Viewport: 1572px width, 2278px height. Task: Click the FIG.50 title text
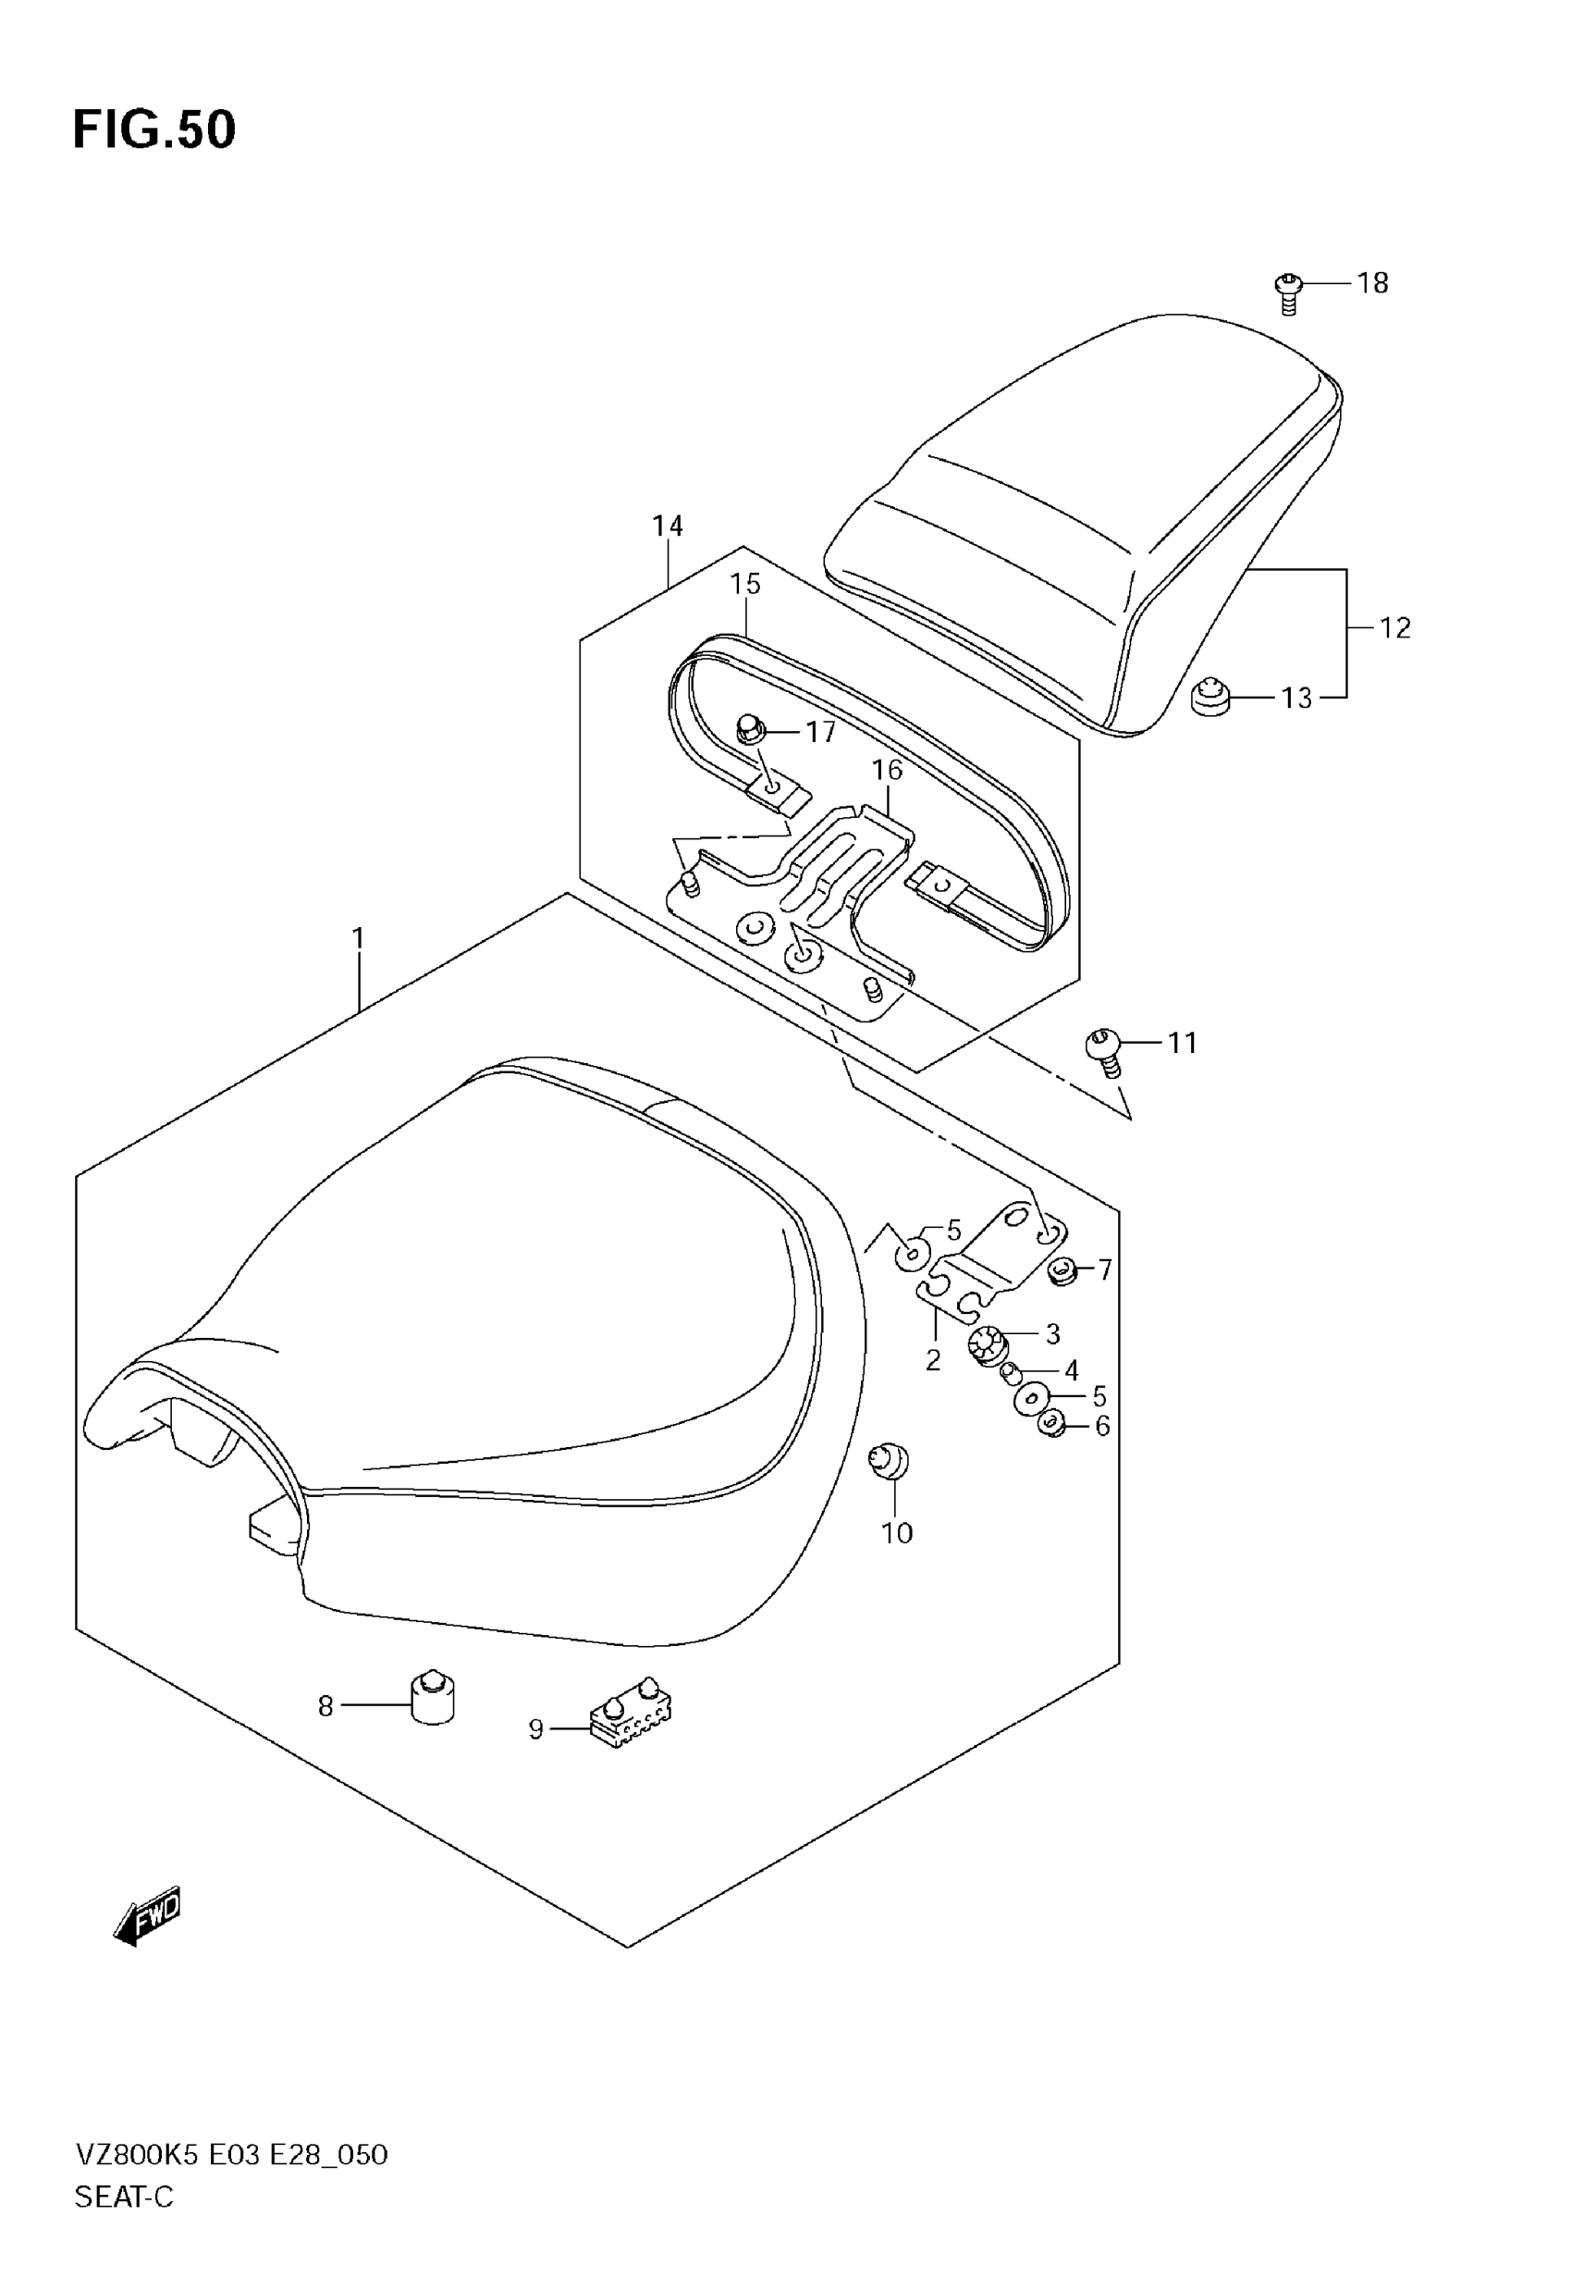tap(154, 130)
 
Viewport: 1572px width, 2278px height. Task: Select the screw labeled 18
tap(1287, 292)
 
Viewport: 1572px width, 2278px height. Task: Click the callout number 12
tap(1394, 627)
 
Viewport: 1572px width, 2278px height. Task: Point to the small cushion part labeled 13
tap(1210, 699)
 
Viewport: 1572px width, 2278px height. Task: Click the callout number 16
tap(887, 770)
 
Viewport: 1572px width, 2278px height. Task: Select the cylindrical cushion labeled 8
tap(432, 1697)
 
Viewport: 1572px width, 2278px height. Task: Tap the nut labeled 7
tap(1062, 1270)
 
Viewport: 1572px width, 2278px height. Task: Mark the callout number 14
tap(667, 526)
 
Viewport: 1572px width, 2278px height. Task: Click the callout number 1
tap(359, 938)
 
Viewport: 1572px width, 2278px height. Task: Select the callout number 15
tap(745, 584)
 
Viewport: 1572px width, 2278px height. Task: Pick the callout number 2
tap(933, 1361)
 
